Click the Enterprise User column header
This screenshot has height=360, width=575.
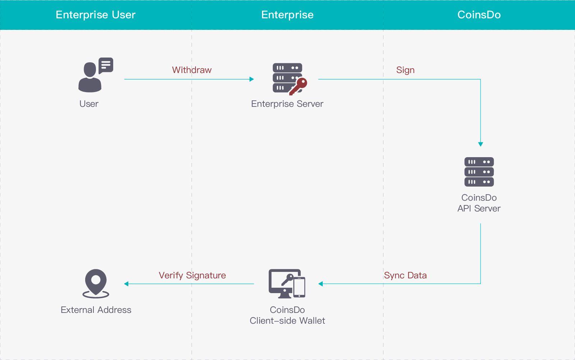96,15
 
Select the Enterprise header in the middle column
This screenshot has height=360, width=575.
287,15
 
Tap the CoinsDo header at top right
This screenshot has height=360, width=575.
479,15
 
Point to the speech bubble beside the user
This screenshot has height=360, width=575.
106,65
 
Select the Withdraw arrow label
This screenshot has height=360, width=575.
192,70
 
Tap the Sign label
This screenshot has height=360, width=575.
405,70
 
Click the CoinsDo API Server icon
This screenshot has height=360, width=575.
479,172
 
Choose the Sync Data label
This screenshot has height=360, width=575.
405,275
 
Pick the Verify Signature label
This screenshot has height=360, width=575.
192,275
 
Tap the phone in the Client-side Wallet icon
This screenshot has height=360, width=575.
299,287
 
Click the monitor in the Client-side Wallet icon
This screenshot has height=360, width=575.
280,282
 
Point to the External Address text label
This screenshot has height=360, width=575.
96,310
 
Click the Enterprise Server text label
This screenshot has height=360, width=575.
287,104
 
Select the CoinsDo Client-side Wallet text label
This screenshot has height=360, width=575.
287,315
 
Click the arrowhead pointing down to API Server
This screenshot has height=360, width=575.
480,144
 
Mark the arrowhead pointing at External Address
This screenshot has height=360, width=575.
126,284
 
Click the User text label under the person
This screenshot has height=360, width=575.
89,104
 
